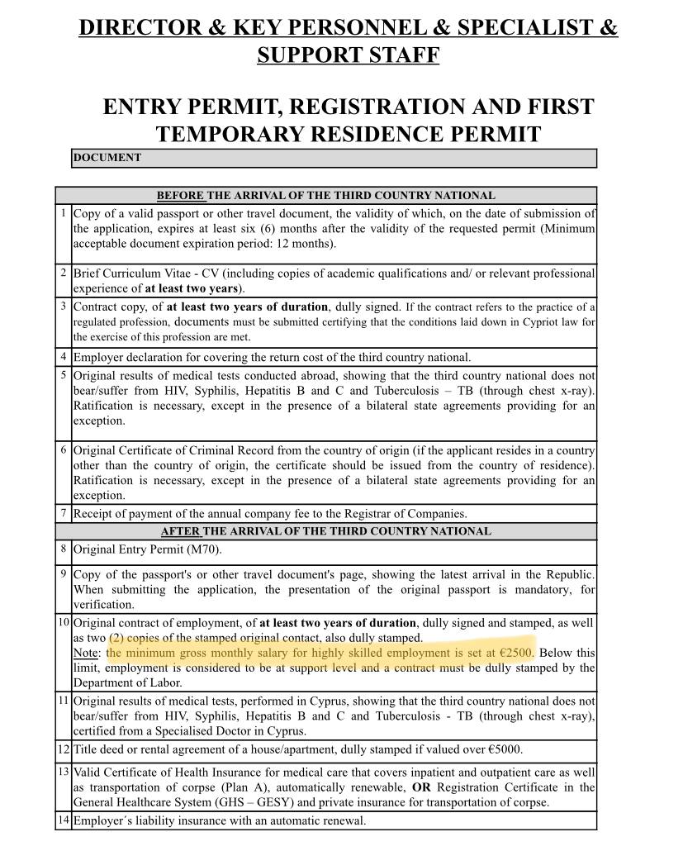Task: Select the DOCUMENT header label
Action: tap(107, 158)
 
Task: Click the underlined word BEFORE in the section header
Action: tap(180, 196)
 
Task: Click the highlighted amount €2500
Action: tap(516, 653)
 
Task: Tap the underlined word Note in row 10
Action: tap(86, 653)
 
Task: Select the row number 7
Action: tap(64, 513)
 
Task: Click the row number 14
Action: tap(64, 820)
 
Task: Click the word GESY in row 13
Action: tap(291, 802)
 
